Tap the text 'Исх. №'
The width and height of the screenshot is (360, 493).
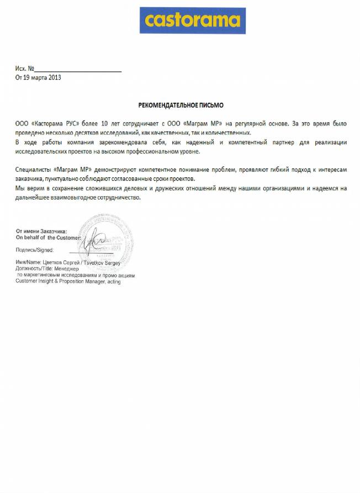pos(25,69)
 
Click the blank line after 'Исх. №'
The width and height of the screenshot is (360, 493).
pos(78,71)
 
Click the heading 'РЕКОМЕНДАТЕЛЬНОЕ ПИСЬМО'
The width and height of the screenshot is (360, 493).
pos(181,105)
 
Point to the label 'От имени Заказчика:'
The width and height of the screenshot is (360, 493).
pos(41,231)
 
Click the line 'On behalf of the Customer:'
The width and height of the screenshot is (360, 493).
pos(49,237)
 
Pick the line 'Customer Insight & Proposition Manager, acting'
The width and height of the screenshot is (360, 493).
pos(68,281)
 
